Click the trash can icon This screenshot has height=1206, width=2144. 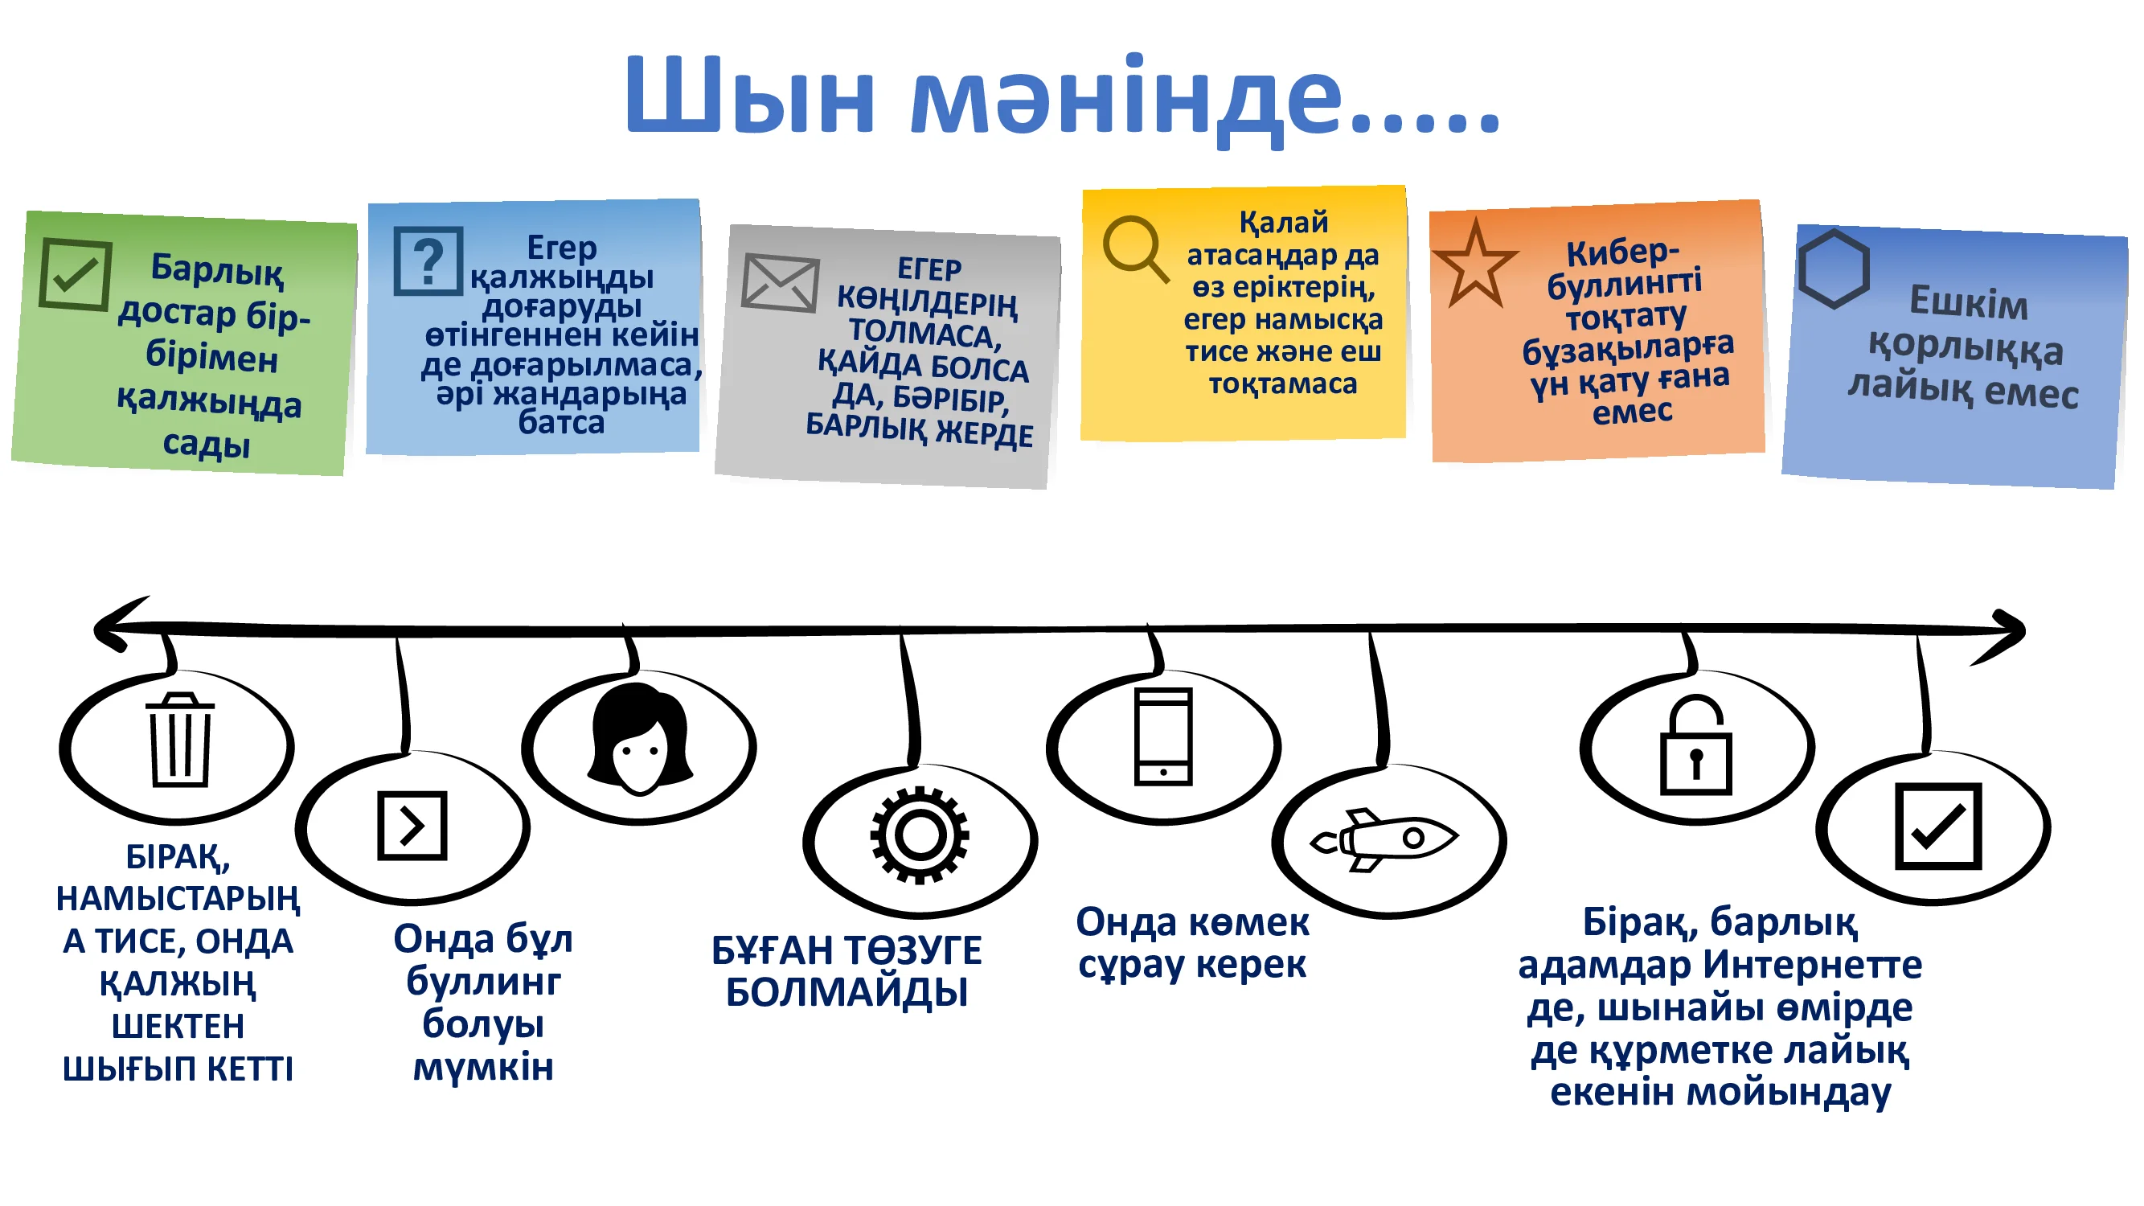[x=180, y=740]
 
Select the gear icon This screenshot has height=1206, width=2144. [x=919, y=835]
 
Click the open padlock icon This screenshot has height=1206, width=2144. [x=1695, y=746]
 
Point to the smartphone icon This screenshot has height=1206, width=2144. [x=1162, y=736]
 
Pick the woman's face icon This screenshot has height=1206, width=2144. [x=639, y=739]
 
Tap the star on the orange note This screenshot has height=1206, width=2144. [x=1475, y=265]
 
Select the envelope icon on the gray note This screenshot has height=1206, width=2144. [x=779, y=283]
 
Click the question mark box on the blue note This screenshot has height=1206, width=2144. [x=428, y=261]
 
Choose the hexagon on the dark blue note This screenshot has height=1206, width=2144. [x=1834, y=269]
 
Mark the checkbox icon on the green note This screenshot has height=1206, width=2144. [x=75, y=274]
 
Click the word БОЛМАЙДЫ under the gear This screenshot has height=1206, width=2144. [x=847, y=992]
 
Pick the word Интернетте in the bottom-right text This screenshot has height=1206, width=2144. [x=1812, y=966]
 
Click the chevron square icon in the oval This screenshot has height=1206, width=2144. [x=412, y=826]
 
